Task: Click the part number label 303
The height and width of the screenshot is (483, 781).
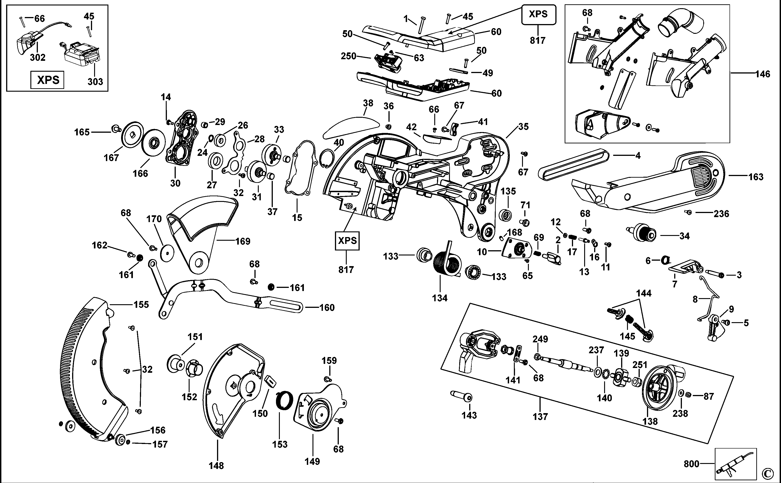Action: [x=95, y=81]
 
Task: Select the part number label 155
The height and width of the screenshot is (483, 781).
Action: [x=141, y=304]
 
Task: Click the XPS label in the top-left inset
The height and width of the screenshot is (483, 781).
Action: [x=48, y=80]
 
